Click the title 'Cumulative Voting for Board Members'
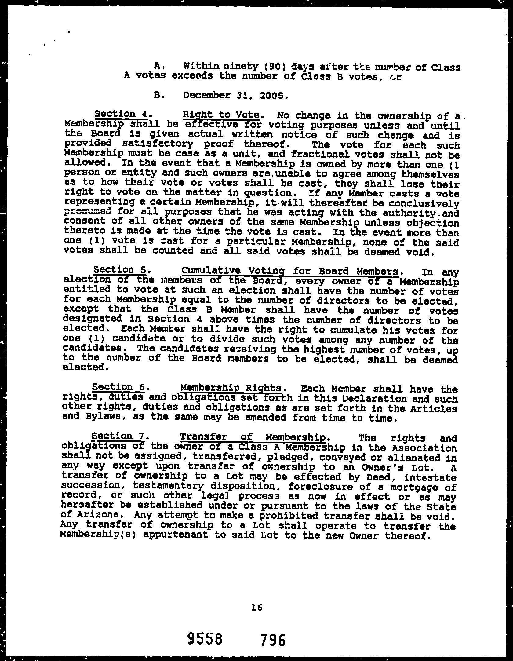click(x=290, y=271)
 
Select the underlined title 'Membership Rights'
click(x=231, y=388)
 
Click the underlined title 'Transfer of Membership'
click(x=253, y=437)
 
